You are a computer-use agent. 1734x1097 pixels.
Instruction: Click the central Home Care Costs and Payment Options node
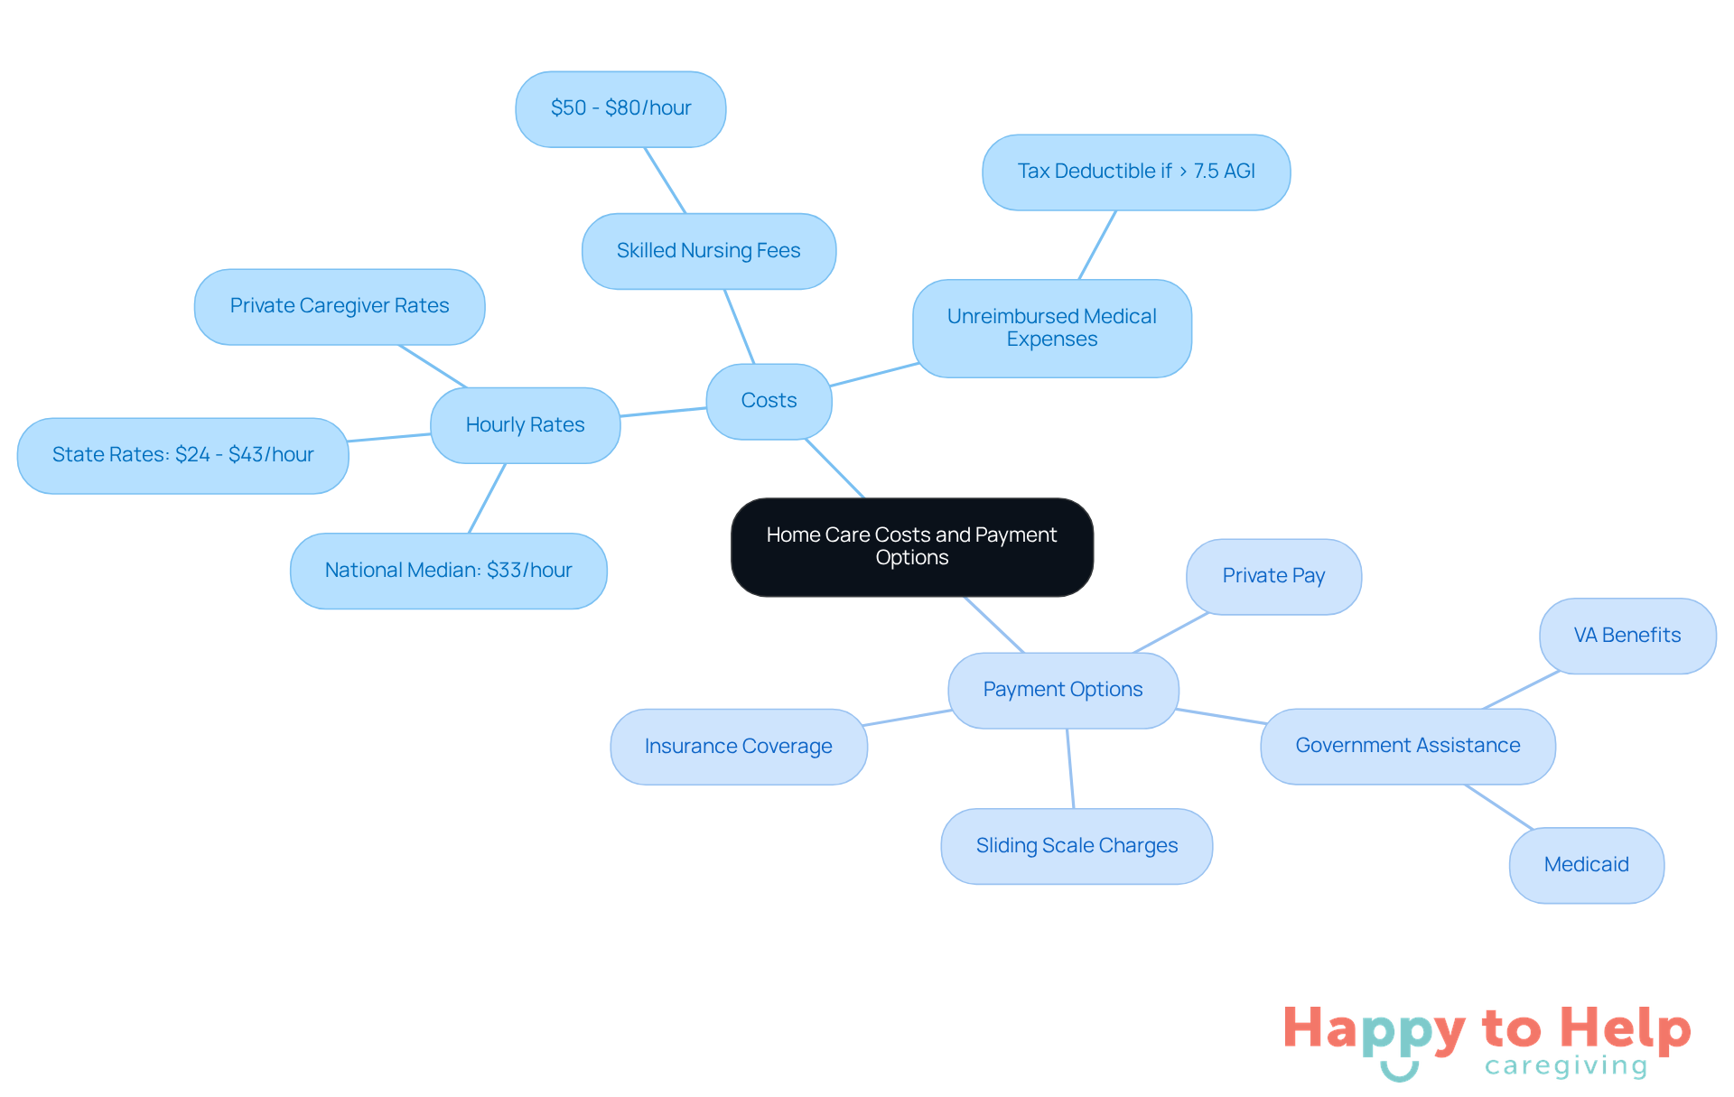click(x=912, y=547)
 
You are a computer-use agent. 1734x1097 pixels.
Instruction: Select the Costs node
click(x=769, y=401)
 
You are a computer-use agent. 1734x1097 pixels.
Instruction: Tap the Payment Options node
click(x=1063, y=690)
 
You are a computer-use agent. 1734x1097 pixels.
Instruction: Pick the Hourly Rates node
click(x=525, y=425)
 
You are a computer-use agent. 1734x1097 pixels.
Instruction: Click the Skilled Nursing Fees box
click(x=709, y=251)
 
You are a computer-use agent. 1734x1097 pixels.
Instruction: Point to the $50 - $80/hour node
click(x=620, y=109)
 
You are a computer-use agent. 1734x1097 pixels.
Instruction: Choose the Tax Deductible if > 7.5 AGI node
click(x=1136, y=172)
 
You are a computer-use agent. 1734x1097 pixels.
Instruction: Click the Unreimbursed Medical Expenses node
click(x=1052, y=329)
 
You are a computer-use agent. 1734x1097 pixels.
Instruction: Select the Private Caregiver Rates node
click(x=340, y=307)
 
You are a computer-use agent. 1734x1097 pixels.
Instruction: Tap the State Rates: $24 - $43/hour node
click(x=183, y=455)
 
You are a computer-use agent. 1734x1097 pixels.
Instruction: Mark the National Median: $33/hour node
click(x=449, y=571)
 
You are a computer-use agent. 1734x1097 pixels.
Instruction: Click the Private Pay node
click(x=1273, y=577)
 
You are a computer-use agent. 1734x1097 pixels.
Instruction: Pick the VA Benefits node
click(x=1627, y=636)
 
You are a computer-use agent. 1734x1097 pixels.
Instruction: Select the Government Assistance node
click(x=1408, y=747)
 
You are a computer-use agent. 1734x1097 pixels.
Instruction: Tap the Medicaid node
click(x=1587, y=865)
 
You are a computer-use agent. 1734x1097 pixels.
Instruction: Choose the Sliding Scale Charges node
click(x=1077, y=846)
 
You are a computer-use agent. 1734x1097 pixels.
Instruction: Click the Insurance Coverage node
click(x=739, y=747)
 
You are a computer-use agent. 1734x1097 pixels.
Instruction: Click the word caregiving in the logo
click(x=1566, y=1066)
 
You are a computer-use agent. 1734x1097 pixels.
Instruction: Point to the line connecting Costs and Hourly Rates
click(x=663, y=412)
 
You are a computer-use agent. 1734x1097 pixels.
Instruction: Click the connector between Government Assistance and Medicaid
click(x=1499, y=806)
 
